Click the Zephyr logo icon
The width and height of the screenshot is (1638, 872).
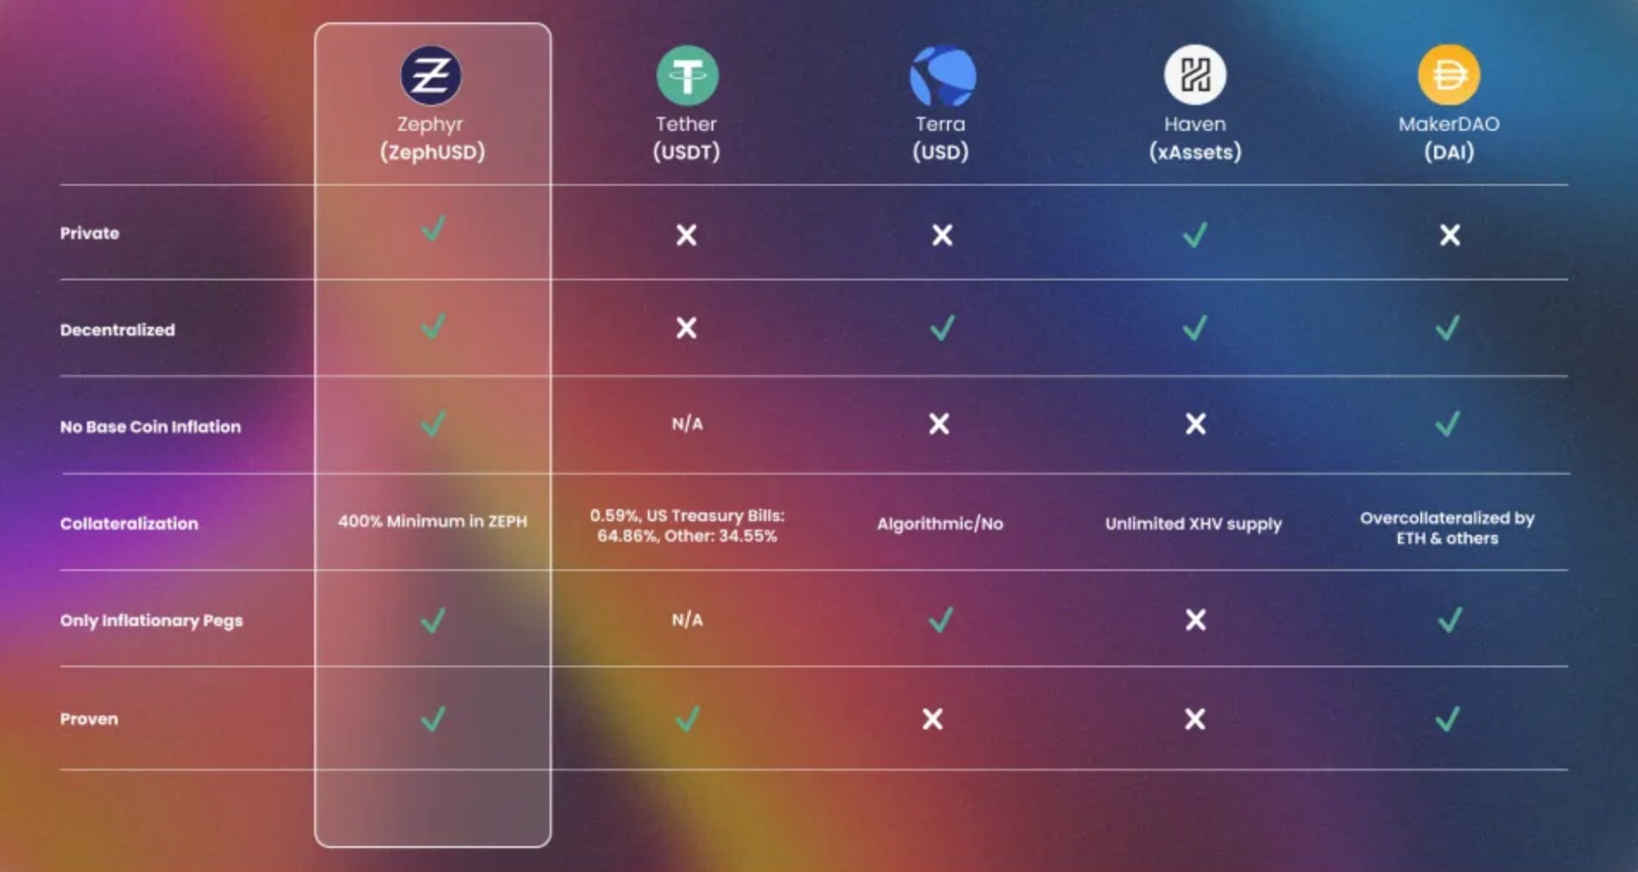(431, 76)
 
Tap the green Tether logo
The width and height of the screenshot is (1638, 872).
(687, 76)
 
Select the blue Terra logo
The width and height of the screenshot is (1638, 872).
(942, 76)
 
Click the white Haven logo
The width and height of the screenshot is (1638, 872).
(1195, 76)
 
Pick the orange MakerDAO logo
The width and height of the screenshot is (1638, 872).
(1449, 76)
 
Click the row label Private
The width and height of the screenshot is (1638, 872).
(89, 233)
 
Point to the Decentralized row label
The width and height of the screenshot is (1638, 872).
(117, 330)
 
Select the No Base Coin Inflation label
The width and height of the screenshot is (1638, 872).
(151, 427)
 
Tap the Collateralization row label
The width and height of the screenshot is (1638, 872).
(129, 524)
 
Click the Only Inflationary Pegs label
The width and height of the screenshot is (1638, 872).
(151, 620)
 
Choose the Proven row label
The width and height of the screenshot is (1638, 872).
(89, 719)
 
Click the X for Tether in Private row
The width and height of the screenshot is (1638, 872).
(686, 235)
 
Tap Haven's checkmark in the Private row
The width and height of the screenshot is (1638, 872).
(1195, 234)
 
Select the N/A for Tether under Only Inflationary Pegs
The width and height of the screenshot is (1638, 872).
(687, 620)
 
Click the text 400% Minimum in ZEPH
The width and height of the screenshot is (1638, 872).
(433, 521)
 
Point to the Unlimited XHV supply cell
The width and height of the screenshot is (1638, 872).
(1193, 524)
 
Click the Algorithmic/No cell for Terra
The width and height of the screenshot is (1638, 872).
(939, 524)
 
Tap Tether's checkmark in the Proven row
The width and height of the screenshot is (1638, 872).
(687, 719)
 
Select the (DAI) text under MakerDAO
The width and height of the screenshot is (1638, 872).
(1449, 152)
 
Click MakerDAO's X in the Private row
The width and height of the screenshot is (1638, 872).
(1450, 235)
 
